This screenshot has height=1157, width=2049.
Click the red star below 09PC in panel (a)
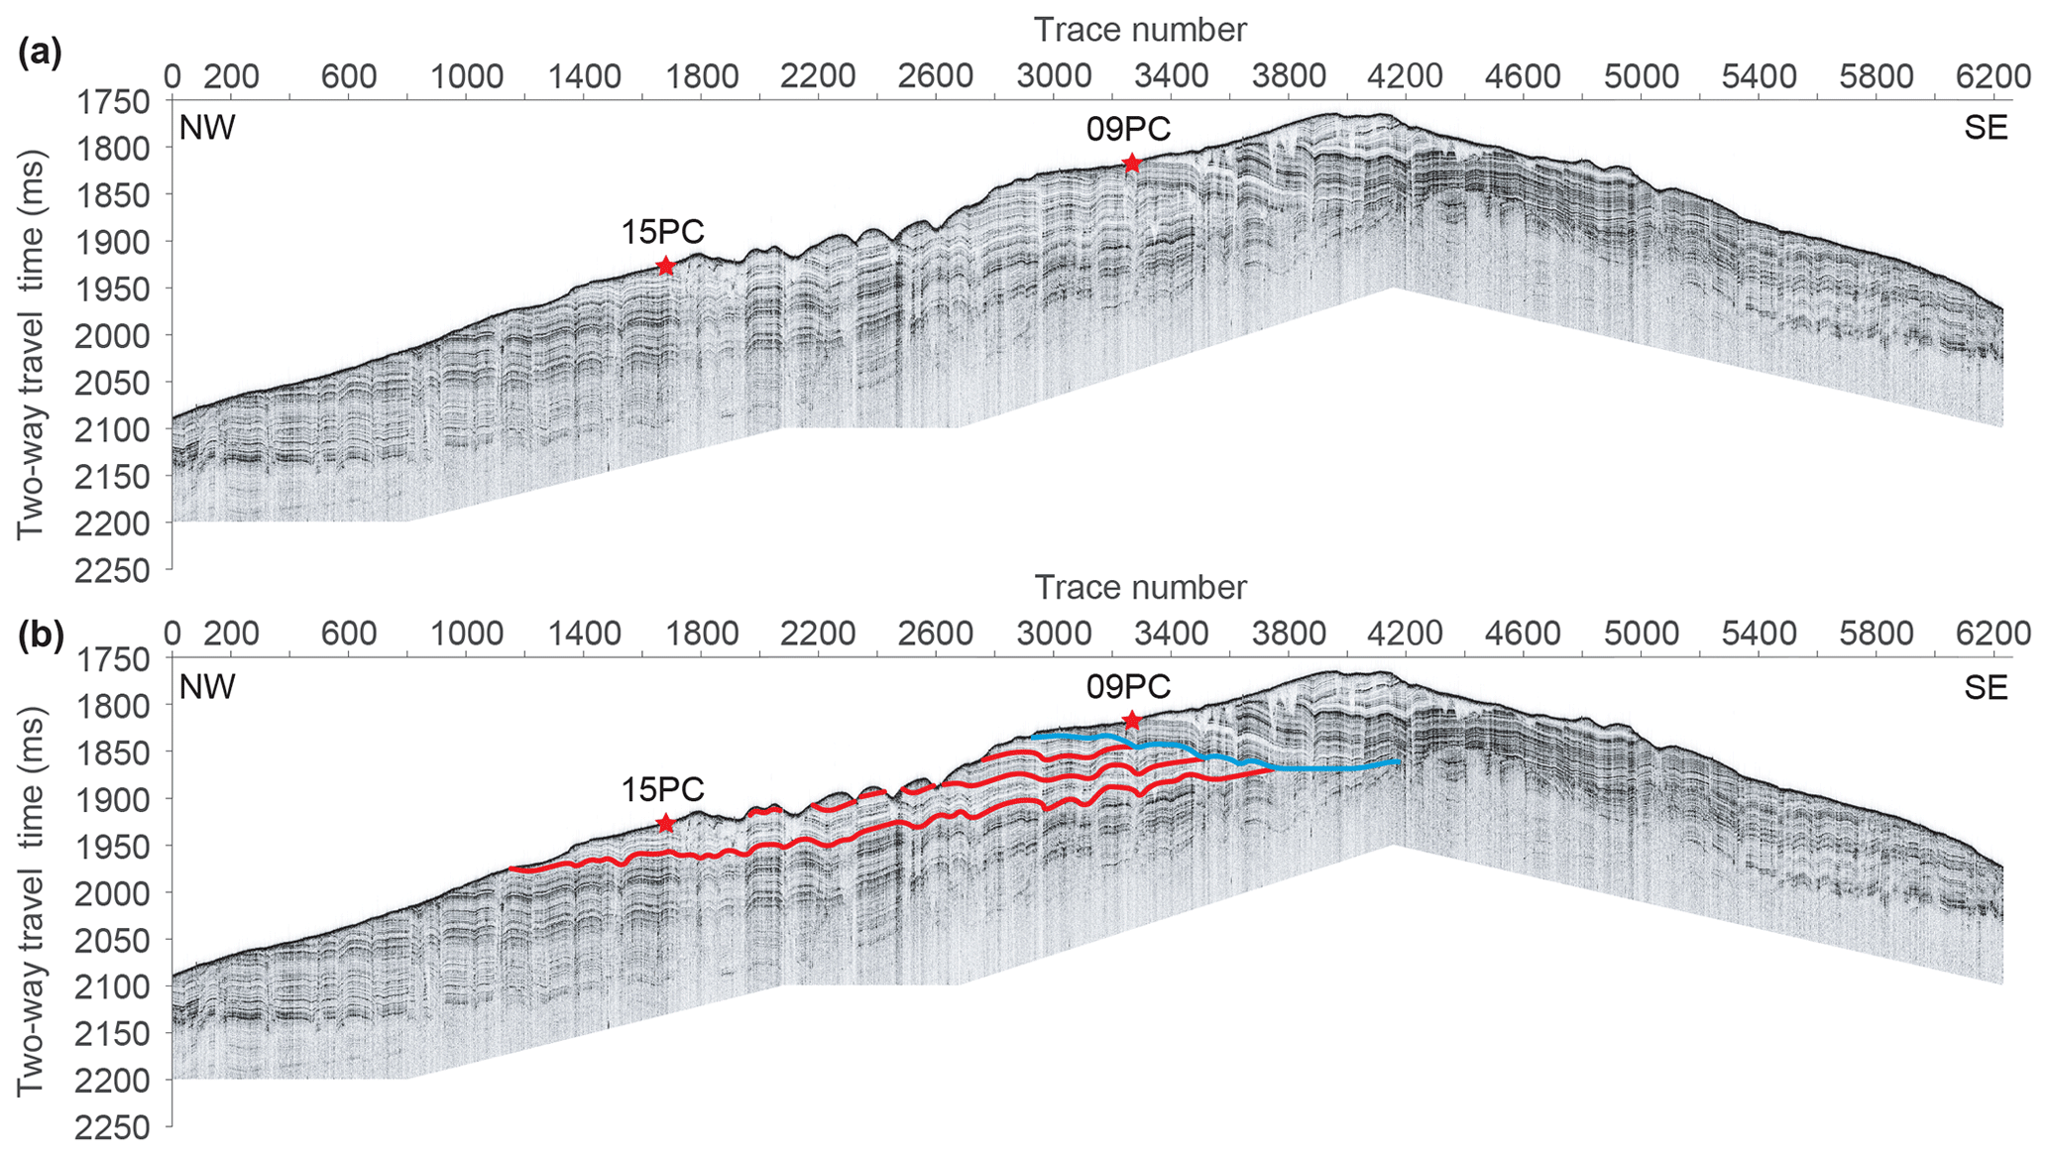pos(1131,164)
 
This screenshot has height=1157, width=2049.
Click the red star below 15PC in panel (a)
pos(665,266)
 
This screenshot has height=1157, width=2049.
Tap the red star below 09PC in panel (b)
pos(1131,721)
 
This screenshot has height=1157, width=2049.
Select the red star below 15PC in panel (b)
pos(665,823)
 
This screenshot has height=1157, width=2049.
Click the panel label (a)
pos(40,52)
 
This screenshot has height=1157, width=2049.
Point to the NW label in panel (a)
pos(207,129)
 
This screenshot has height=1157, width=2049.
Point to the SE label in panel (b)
pos(1986,687)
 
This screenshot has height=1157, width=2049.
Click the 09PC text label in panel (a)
pos(1128,129)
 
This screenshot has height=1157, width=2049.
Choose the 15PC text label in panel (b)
pos(662,789)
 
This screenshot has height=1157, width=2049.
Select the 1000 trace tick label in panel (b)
pos(466,634)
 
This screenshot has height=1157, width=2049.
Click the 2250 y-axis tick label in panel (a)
pos(111,571)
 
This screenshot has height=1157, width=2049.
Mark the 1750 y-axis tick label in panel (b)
pos(111,659)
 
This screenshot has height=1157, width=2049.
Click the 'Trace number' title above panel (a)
pos(1140,30)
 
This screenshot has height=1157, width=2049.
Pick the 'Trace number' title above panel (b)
pos(1140,588)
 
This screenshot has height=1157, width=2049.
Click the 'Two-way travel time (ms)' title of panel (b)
pos(32,902)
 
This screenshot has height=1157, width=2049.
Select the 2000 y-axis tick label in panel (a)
pos(111,336)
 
